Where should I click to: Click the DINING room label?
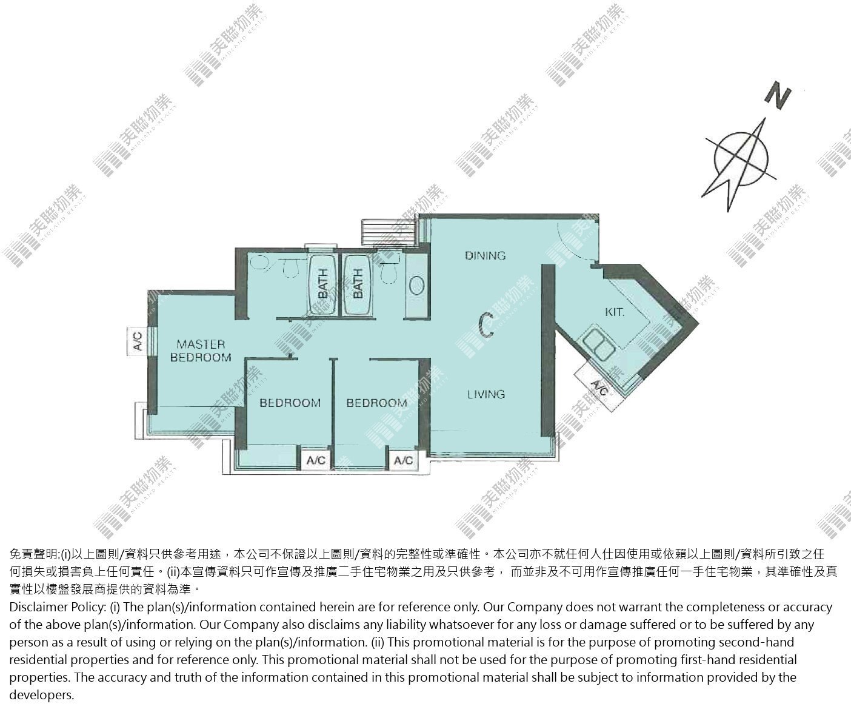[x=485, y=256]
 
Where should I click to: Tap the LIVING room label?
[x=486, y=394]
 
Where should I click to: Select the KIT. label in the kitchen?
[x=614, y=312]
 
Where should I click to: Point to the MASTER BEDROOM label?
[x=201, y=351]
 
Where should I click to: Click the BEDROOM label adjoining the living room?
[x=376, y=403]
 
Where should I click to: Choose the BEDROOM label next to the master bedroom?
[x=290, y=403]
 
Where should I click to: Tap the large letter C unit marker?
[x=486, y=325]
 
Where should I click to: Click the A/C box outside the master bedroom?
[x=138, y=341]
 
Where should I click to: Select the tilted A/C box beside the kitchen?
[x=599, y=387]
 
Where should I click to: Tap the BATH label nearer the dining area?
[x=358, y=283]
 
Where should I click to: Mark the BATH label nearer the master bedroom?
[x=322, y=283]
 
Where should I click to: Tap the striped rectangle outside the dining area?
[x=388, y=233]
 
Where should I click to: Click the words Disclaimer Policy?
[x=58, y=607]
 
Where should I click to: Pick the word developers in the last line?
[x=42, y=695]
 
